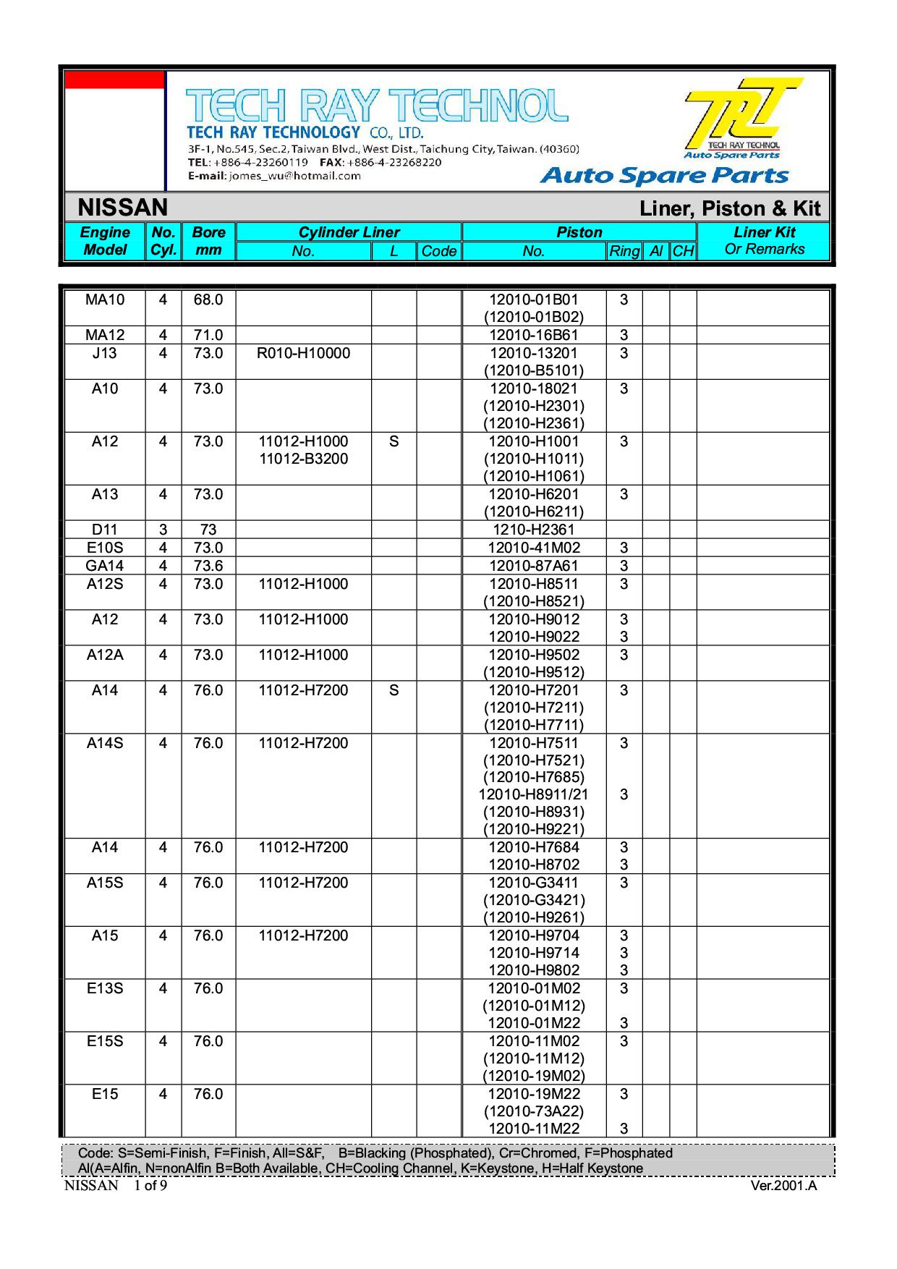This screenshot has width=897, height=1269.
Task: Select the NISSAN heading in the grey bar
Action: pos(122,208)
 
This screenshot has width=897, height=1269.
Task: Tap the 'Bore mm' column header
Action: pos(208,241)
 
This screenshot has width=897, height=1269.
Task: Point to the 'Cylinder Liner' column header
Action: pos(349,232)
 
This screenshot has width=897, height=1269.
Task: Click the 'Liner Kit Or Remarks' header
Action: pos(764,240)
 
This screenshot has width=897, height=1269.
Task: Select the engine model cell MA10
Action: pos(105,300)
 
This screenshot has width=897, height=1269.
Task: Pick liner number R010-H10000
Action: pos(304,353)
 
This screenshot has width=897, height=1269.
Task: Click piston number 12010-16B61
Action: pos(534,335)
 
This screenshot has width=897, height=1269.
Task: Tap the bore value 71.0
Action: pos(208,335)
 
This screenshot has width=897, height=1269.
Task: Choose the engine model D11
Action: pos(105,530)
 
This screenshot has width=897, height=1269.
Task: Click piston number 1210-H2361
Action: pos(534,530)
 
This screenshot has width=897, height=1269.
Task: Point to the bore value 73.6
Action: pos(208,566)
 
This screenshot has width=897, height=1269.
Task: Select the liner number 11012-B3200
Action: pos(304,459)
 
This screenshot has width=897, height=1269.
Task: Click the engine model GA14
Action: pos(105,566)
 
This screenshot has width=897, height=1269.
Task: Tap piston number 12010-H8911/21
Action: pos(534,794)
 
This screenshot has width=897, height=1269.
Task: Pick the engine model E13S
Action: pos(105,988)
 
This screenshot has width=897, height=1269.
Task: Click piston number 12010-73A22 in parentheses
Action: pos(534,1111)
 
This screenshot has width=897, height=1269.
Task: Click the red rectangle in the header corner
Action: pos(114,80)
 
